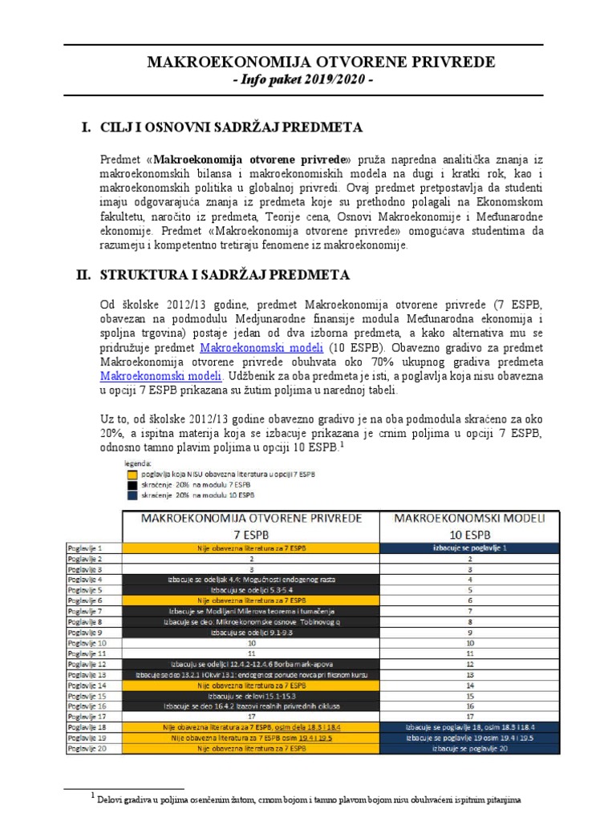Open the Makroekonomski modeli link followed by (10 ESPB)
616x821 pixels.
point(261,348)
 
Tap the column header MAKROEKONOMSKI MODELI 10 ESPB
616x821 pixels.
point(470,525)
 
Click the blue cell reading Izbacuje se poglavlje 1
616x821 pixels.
point(470,548)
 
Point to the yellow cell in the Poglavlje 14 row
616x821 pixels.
point(252,686)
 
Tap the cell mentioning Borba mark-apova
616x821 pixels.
point(252,665)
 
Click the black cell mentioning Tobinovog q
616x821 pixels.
point(252,622)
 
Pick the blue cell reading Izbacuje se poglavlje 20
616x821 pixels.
point(470,748)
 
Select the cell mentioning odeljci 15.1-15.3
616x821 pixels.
point(252,696)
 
